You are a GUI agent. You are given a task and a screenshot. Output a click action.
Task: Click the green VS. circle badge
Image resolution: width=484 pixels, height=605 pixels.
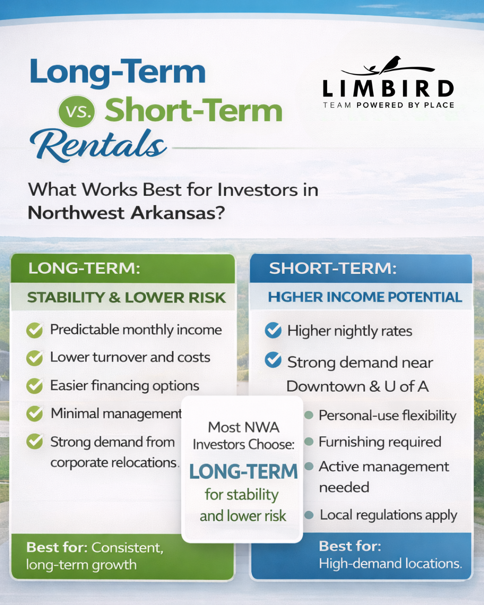77,111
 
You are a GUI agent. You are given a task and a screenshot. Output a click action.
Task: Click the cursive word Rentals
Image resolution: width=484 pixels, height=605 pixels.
98,145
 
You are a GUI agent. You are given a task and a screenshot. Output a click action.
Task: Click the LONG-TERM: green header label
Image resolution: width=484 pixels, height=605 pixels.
84,268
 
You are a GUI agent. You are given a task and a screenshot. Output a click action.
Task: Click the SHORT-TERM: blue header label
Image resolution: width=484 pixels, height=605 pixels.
333,268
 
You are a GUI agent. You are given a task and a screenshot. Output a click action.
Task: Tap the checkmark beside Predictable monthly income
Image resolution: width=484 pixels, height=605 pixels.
35,330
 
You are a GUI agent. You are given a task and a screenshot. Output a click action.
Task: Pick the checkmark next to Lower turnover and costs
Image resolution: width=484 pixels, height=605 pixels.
35,358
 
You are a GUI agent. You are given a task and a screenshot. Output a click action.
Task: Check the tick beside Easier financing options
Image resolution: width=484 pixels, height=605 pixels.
35,386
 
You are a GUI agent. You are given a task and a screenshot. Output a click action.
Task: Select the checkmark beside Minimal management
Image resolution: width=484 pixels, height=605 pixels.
35,414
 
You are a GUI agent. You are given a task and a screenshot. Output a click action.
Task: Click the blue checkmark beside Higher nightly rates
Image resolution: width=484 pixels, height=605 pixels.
273,330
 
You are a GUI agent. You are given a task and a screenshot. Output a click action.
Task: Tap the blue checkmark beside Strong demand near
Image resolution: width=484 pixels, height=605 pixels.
273,360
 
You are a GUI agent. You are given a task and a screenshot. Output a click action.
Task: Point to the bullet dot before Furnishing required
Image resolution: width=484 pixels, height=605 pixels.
309,442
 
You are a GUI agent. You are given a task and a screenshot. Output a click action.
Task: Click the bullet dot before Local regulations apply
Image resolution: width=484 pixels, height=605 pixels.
309,515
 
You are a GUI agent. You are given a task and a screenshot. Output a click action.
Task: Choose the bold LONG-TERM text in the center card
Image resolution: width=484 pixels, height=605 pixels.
243,471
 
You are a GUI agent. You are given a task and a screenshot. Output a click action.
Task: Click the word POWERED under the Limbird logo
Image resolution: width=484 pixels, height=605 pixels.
380,105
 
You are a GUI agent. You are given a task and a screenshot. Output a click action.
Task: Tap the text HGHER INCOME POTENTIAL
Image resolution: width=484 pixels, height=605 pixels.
365,297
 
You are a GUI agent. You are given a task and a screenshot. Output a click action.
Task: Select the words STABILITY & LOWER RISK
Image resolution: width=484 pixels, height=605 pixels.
126,298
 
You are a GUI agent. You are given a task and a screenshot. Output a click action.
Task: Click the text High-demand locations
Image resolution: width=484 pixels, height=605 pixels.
390,563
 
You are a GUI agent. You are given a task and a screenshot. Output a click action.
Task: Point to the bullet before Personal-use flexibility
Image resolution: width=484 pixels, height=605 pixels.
309,415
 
